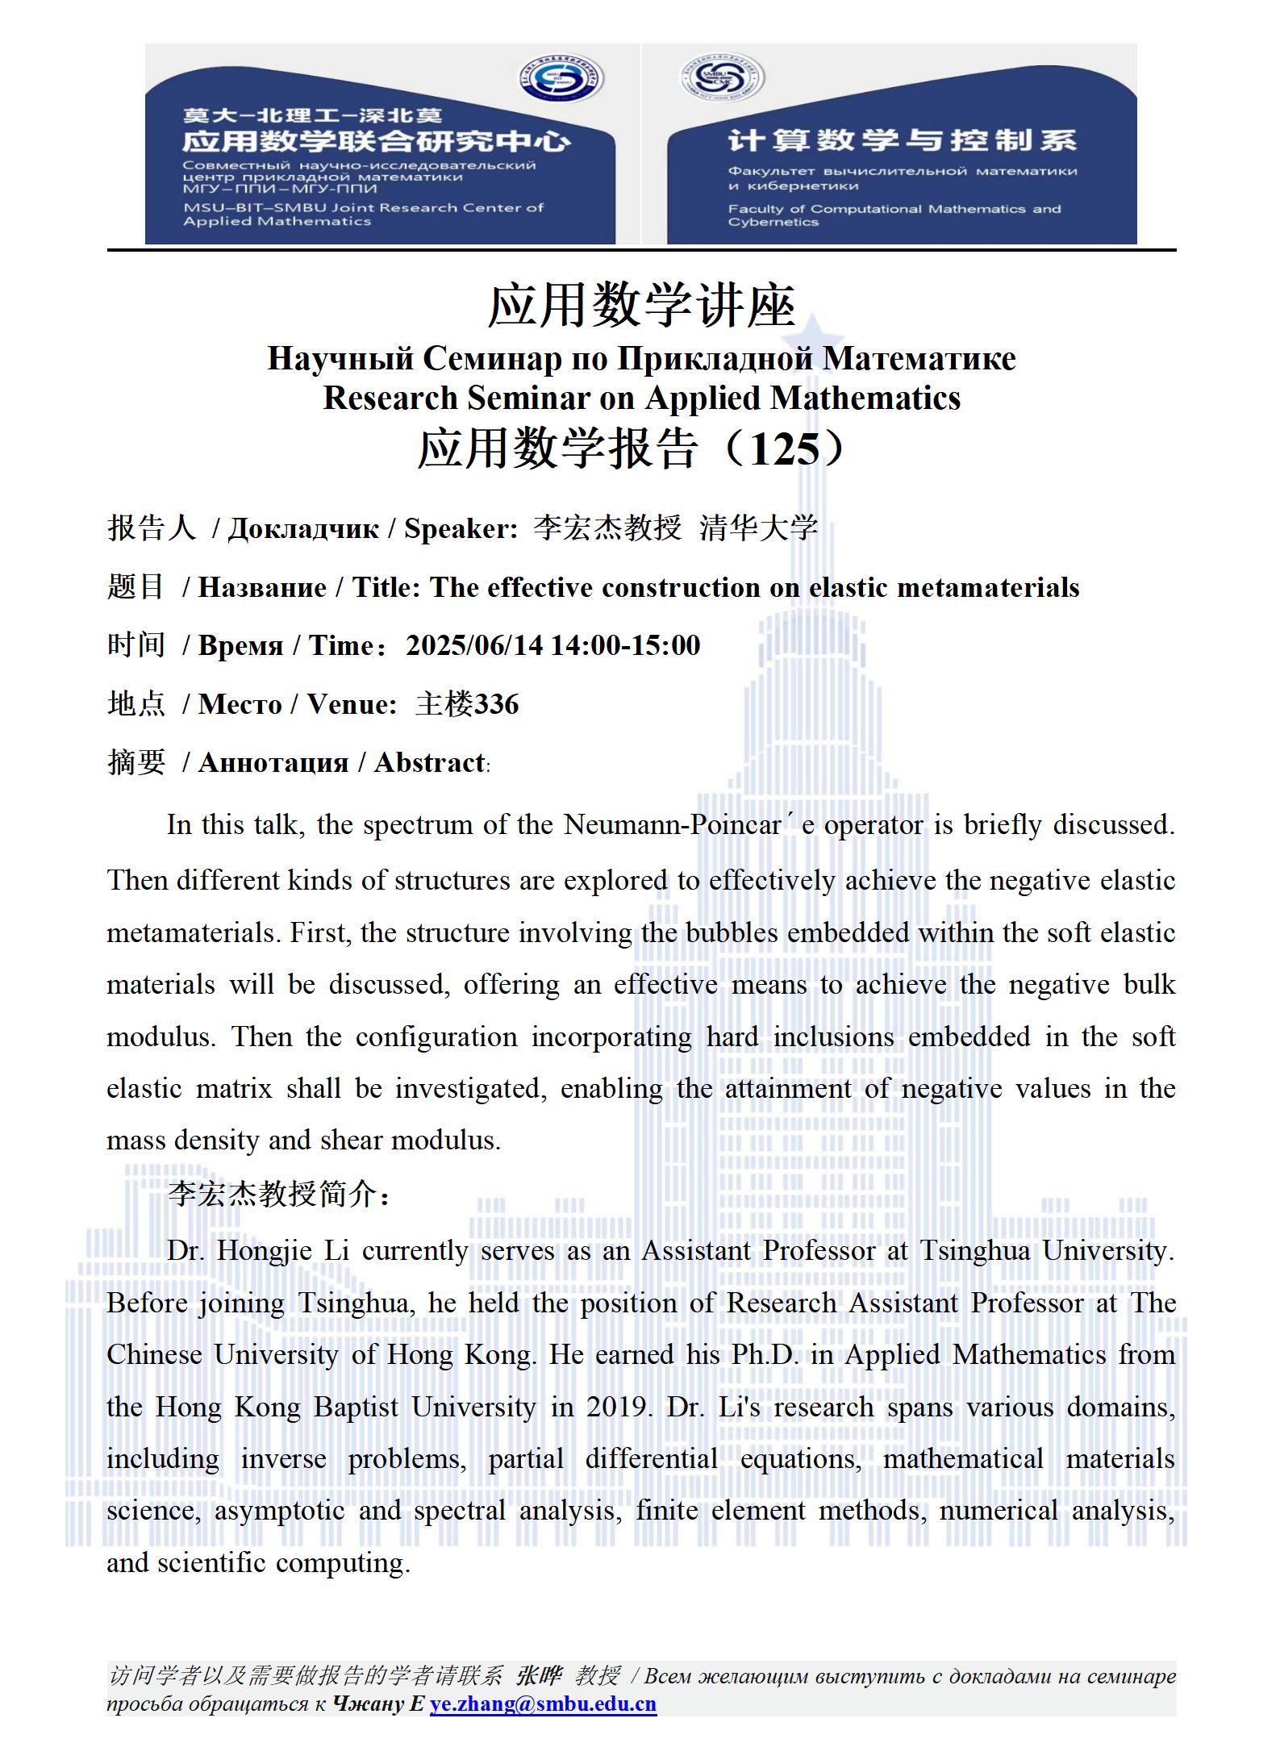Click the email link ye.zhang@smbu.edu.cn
coord(543,1704)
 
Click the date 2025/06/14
coord(474,645)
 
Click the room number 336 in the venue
coord(496,704)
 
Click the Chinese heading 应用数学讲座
coord(641,306)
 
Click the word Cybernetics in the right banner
coord(773,223)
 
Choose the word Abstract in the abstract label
coord(429,762)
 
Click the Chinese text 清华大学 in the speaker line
coord(758,528)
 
